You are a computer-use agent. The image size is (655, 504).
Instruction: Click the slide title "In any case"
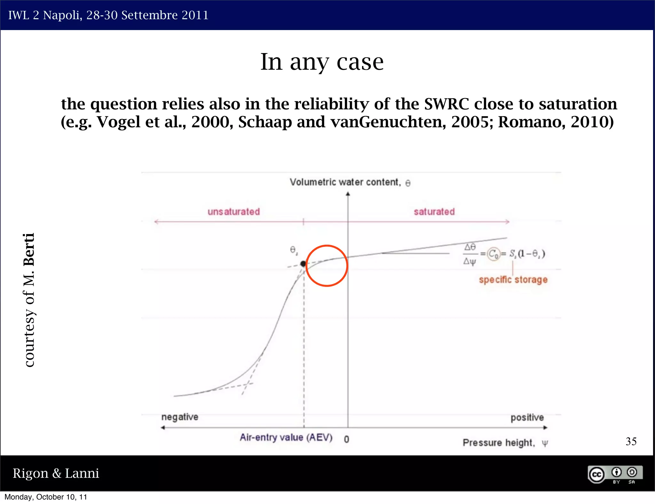tap(322, 62)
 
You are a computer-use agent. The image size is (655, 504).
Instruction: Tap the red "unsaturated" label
tap(233, 212)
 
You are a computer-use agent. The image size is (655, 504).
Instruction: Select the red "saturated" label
tap(434, 212)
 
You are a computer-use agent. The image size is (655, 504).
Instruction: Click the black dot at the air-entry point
tap(303, 264)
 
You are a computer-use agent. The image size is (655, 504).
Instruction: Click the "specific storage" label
tap(513, 280)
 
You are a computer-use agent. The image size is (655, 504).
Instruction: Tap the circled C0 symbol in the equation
tap(493, 254)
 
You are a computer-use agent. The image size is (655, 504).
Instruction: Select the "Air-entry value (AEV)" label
tap(286, 437)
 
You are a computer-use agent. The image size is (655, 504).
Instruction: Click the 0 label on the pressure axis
tap(346, 439)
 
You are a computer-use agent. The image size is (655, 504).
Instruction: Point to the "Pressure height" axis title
tap(505, 443)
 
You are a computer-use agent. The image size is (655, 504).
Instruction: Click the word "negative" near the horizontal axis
tap(180, 417)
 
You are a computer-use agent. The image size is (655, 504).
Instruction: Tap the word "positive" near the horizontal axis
tap(527, 417)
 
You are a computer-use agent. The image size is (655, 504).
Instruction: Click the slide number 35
tap(631, 442)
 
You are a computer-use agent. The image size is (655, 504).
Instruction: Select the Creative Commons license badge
tap(615, 474)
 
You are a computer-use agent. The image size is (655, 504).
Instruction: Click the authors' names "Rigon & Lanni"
tap(56, 473)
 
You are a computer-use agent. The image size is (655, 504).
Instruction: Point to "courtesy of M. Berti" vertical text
tap(29, 300)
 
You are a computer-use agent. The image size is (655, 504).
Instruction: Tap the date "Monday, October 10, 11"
tap(46, 497)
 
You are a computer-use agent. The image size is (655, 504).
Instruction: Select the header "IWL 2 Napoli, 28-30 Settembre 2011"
tap(108, 15)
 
